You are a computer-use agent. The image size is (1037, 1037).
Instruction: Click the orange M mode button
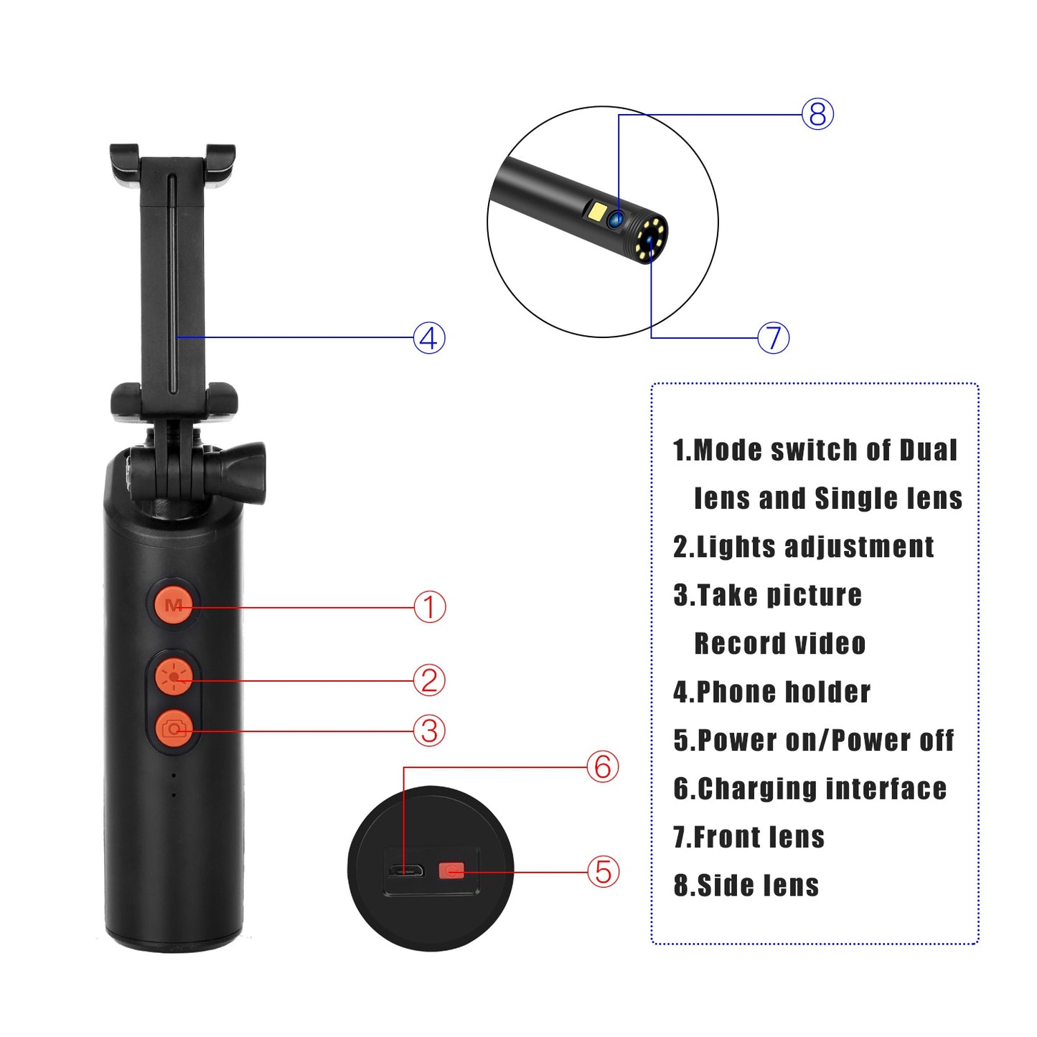click(x=174, y=604)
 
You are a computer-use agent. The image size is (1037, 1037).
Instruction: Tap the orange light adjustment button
click(x=174, y=676)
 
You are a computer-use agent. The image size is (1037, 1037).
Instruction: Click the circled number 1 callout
click(x=429, y=607)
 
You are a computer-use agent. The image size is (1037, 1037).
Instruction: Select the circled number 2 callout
click(x=429, y=680)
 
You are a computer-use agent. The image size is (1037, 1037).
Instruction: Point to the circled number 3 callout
click(x=429, y=731)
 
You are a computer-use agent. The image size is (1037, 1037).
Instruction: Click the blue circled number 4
click(x=429, y=338)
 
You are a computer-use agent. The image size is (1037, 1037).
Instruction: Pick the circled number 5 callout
click(x=603, y=872)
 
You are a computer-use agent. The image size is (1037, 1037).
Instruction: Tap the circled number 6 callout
click(x=603, y=766)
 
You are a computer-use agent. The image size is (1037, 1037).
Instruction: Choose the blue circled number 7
click(x=774, y=338)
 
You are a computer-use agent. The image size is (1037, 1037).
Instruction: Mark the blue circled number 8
click(x=817, y=115)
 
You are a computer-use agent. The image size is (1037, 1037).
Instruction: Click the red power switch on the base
click(x=451, y=871)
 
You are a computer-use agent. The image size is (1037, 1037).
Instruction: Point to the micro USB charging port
click(x=405, y=872)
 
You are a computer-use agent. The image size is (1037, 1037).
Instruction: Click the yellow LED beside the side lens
click(x=597, y=212)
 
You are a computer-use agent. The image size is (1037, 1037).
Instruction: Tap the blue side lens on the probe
click(x=615, y=219)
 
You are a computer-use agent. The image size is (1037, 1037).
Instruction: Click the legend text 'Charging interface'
click(x=821, y=789)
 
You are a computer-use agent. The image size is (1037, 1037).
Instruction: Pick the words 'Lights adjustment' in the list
click(x=815, y=547)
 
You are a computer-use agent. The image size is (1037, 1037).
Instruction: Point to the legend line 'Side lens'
click(x=757, y=886)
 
